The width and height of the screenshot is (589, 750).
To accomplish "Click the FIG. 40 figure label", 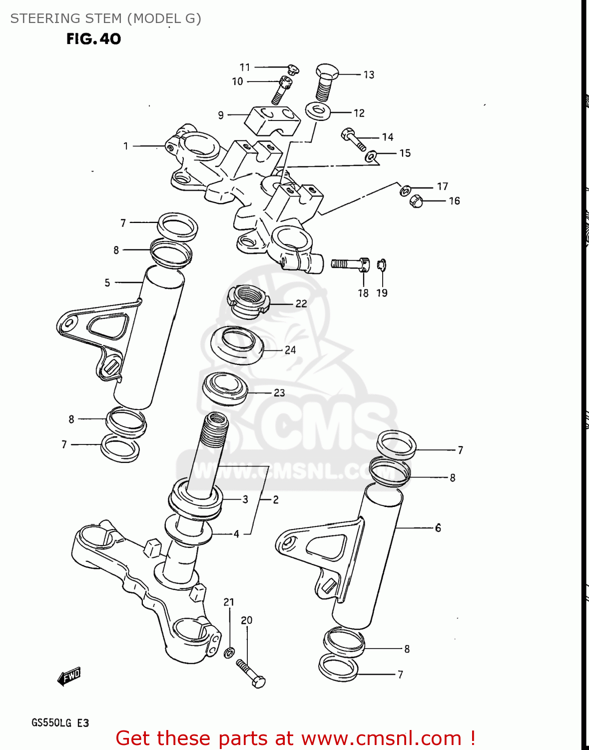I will click(x=93, y=39).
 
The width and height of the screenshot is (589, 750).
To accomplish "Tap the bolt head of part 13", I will click(x=327, y=71).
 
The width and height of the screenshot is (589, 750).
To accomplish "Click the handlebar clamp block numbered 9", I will click(x=272, y=119).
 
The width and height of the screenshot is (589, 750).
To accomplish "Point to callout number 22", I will click(x=301, y=303).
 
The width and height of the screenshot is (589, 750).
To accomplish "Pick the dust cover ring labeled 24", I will click(x=237, y=345).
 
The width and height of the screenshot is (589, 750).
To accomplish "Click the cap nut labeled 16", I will click(x=416, y=201).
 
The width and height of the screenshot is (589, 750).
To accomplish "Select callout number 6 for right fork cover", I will click(x=438, y=527).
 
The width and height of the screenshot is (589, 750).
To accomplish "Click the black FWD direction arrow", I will click(x=69, y=677).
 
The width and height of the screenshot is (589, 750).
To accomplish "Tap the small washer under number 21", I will click(x=230, y=652).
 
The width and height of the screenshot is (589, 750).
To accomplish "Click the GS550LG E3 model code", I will click(x=60, y=723).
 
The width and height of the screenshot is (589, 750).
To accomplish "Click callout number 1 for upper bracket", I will click(x=126, y=146).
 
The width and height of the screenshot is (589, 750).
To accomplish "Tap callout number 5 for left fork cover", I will click(x=107, y=282).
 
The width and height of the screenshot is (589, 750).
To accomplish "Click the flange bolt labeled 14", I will click(x=354, y=139).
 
